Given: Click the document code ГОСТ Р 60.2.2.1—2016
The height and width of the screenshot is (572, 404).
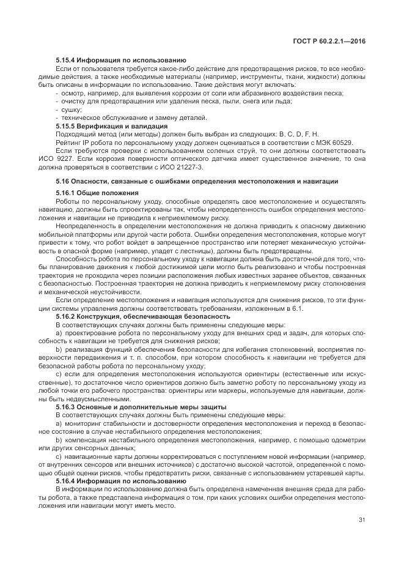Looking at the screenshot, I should (331, 40).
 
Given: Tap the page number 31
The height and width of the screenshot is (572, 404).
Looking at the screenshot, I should (362, 521).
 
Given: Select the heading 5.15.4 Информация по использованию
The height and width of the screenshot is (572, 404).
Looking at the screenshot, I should (120, 60).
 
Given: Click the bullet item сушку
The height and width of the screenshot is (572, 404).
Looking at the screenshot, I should (71, 109).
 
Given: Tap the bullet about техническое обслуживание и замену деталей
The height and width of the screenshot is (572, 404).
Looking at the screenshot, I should (134, 117).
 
